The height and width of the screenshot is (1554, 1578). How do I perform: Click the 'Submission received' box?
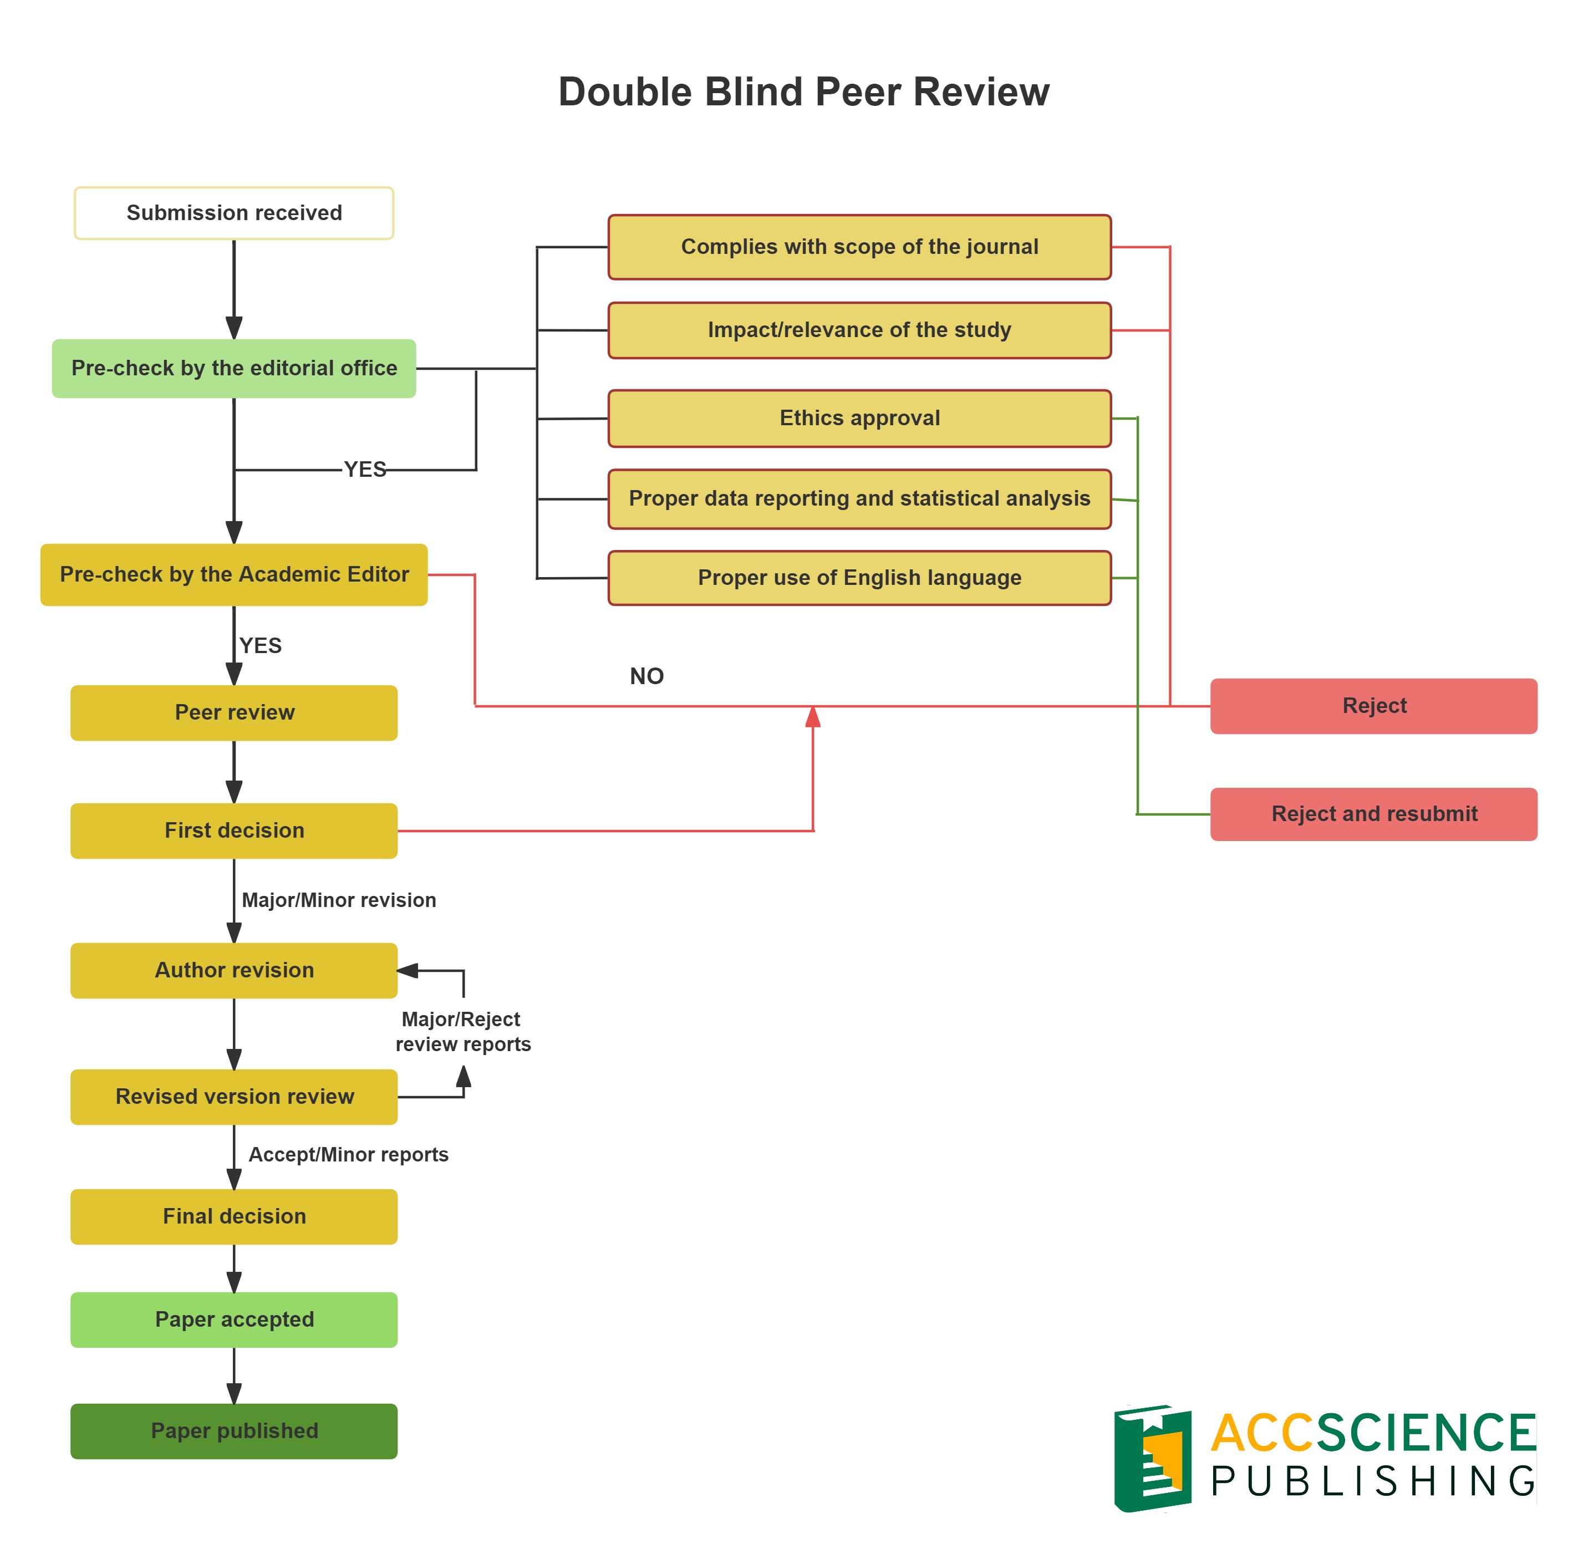(233, 213)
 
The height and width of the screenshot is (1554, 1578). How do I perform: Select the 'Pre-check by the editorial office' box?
(233, 368)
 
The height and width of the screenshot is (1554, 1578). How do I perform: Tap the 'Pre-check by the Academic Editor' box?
(233, 574)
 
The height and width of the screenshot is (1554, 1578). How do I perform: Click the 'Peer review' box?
(233, 712)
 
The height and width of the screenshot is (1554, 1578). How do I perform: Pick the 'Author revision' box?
(233, 970)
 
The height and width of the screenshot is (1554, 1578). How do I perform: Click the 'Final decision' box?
(233, 1216)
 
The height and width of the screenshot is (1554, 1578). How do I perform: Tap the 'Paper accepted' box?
(233, 1319)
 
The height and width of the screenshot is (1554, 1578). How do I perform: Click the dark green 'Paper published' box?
(233, 1431)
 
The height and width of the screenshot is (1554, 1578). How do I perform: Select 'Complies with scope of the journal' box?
(859, 247)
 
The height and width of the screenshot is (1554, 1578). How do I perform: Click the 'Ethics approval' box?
(859, 418)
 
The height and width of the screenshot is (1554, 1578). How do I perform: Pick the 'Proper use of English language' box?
(859, 578)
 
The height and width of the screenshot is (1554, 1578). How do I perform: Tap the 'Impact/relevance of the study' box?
(859, 330)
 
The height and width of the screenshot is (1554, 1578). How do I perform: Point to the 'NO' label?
(647, 676)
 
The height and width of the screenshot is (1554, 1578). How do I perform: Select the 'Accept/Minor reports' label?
(349, 1154)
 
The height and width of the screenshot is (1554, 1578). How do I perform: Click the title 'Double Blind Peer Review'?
(803, 91)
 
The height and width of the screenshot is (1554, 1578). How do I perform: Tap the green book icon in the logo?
(1152, 1459)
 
